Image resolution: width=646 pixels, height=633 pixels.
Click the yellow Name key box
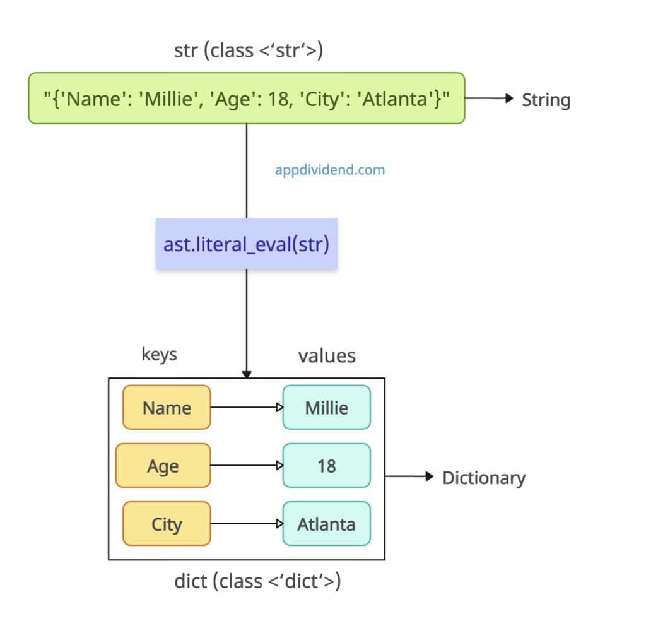coord(167,408)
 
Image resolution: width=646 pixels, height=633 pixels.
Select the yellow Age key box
coord(163,466)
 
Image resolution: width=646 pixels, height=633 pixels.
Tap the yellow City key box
coord(167,524)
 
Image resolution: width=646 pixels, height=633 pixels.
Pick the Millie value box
coord(326,408)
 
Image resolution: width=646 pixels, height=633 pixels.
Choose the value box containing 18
coord(326,466)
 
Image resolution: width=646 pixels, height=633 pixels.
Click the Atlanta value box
coord(326,524)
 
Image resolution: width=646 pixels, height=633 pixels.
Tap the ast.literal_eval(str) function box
coord(247,244)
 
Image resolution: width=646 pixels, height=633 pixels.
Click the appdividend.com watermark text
coord(329,170)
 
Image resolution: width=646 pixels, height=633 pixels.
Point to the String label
coord(546,100)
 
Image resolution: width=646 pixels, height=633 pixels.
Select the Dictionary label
coord(483,478)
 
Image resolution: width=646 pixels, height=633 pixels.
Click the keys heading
coord(159,355)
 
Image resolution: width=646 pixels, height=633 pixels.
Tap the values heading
coord(327,356)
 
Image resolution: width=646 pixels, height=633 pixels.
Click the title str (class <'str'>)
coord(248,50)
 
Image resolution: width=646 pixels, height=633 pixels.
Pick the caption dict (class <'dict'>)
coord(257,581)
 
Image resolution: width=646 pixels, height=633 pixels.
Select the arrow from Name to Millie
coord(246,408)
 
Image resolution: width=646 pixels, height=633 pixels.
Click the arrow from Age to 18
coord(246,466)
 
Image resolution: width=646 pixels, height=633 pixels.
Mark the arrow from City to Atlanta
coord(246,524)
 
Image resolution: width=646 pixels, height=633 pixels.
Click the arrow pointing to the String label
coord(489,98)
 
